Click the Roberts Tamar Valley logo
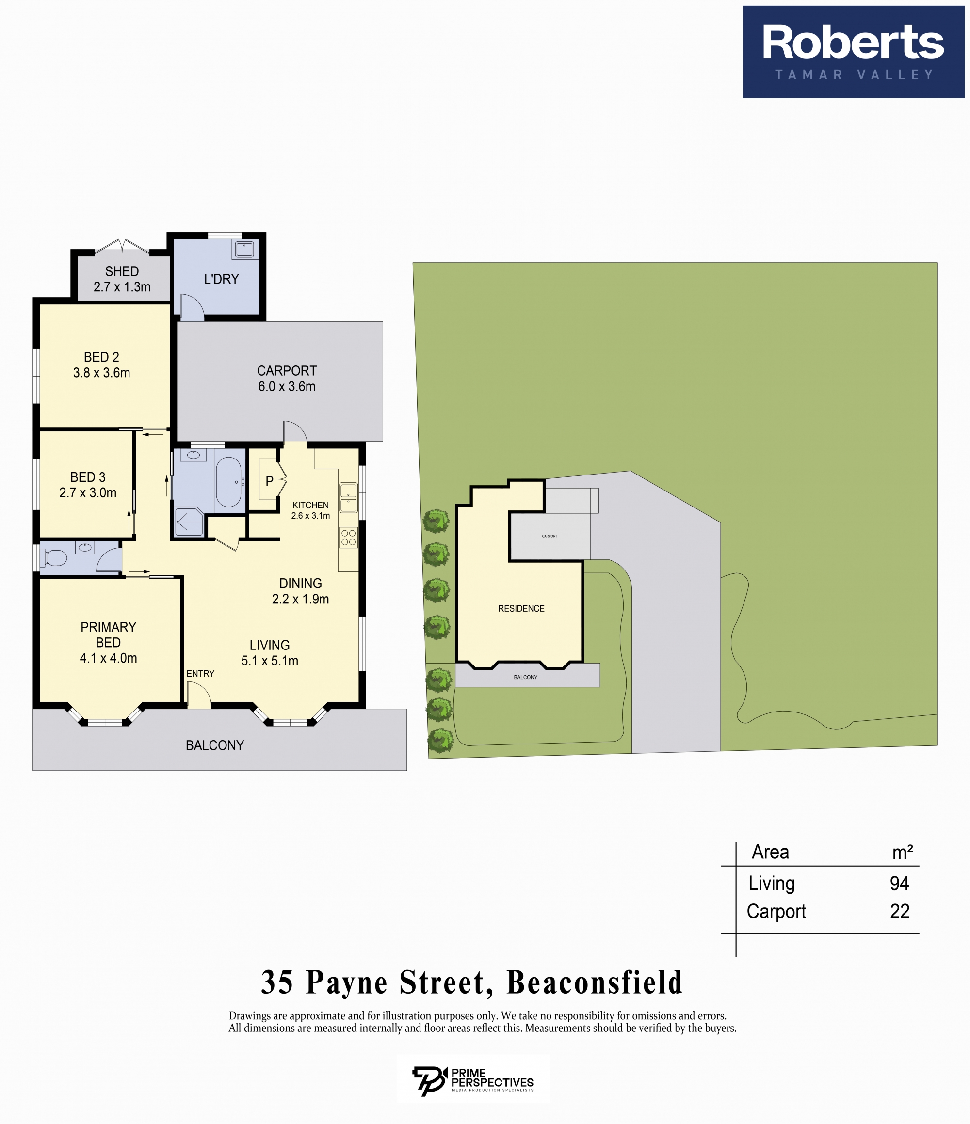point(853,52)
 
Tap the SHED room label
point(122,271)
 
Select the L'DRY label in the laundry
point(222,279)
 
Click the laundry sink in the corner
point(244,250)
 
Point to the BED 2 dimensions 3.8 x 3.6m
point(101,373)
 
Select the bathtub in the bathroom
point(228,482)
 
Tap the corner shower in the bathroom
point(189,522)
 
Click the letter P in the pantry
point(269,481)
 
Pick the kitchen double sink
point(349,498)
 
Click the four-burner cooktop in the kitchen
point(349,538)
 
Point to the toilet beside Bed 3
point(53,558)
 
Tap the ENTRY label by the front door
point(200,673)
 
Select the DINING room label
point(301,583)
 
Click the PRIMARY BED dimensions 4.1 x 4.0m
point(109,658)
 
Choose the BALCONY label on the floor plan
point(215,745)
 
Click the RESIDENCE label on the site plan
point(521,609)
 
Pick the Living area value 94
point(900,883)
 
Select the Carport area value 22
point(900,911)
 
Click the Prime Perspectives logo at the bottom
point(473,1079)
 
